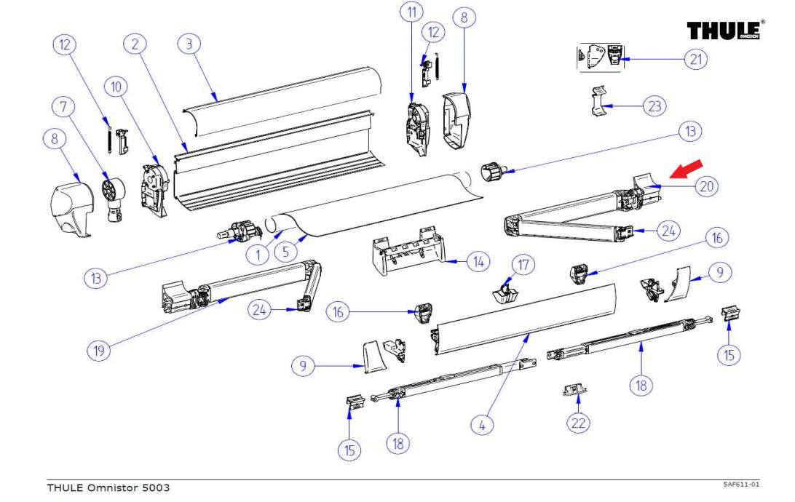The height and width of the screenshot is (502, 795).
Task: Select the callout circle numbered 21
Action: [x=696, y=58]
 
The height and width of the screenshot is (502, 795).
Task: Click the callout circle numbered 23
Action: [x=654, y=106]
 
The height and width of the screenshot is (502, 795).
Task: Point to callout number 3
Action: [x=189, y=44]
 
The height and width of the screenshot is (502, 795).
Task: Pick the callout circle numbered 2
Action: [x=134, y=44]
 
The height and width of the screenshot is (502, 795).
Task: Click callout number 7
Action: [x=63, y=107]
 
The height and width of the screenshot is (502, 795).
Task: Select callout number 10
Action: [x=115, y=87]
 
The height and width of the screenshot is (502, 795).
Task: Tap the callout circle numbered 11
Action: [x=412, y=12]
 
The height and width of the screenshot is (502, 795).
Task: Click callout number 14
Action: [x=478, y=261]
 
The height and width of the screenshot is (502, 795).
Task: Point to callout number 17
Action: [x=522, y=264]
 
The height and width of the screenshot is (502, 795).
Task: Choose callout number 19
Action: [x=98, y=351]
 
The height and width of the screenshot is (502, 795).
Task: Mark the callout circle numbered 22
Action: [x=580, y=422]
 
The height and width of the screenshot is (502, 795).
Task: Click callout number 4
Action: [x=481, y=425]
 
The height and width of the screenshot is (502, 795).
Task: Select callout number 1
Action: [x=257, y=255]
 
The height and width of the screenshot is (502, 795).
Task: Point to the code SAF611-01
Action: [x=741, y=484]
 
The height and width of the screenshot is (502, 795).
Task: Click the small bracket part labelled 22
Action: [x=575, y=391]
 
